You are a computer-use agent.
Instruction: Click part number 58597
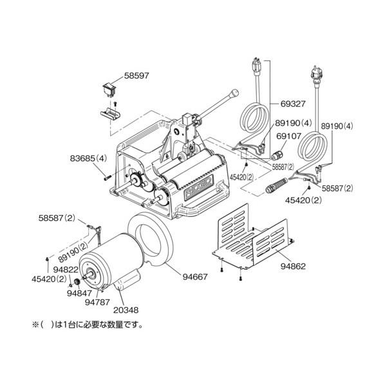pyautogui.click(x=136, y=75)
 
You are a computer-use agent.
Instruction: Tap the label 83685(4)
pyautogui.click(x=88, y=158)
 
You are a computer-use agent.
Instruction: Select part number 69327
pyautogui.click(x=293, y=104)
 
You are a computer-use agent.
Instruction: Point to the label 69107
pyautogui.click(x=288, y=136)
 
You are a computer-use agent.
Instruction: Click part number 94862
pyautogui.click(x=293, y=266)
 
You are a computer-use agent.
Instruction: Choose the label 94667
pyautogui.click(x=195, y=277)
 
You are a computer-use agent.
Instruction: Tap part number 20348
pyautogui.click(x=126, y=310)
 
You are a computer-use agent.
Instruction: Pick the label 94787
pyautogui.click(x=97, y=302)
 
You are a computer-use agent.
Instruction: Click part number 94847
pyautogui.click(x=79, y=293)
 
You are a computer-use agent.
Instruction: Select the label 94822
pyautogui.click(x=66, y=270)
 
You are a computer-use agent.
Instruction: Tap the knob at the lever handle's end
pyautogui.click(x=234, y=93)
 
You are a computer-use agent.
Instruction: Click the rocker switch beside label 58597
pyautogui.click(x=108, y=89)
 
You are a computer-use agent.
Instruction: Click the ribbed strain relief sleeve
pyautogui.click(x=277, y=186)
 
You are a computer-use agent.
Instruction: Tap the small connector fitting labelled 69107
pyautogui.click(x=277, y=155)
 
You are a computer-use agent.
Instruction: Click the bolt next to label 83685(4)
pyautogui.click(x=108, y=178)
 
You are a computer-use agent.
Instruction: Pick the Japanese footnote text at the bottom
pyautogui.click(x=88, y=325)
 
